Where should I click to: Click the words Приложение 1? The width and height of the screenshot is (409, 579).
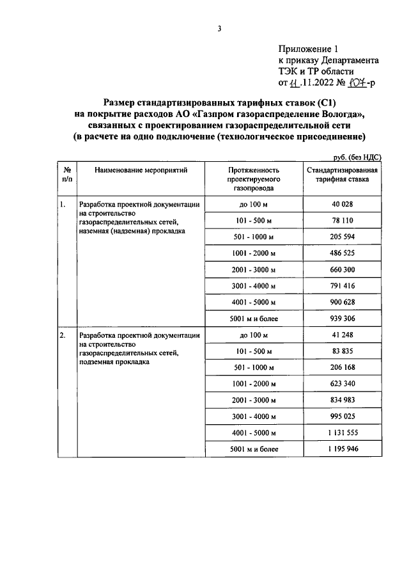click(307, 49)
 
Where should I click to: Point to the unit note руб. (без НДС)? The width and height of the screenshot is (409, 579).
click(358, 157)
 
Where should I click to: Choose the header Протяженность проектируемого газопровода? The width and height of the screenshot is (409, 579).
click(254, 180)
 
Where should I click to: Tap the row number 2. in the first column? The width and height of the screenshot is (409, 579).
click(63, 335)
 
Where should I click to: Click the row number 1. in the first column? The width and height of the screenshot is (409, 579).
click(63, 205)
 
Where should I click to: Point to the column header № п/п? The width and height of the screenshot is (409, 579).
click(66, 175)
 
